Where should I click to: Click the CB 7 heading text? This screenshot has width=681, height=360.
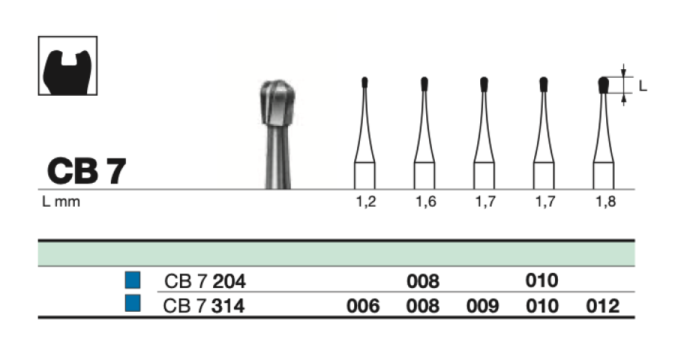pos(86,171)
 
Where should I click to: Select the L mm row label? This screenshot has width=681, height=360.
pos(61,202)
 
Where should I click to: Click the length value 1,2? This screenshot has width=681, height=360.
pos(366,202)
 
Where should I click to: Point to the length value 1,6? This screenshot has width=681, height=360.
pos(425,202)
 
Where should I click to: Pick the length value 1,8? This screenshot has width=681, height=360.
pos(603,202)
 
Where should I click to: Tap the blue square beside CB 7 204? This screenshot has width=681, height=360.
pos(132,280)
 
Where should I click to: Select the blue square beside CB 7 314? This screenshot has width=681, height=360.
pos(132,305)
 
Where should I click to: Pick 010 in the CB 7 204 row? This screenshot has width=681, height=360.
pos(542,281)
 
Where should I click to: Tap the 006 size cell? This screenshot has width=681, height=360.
pos(363,306)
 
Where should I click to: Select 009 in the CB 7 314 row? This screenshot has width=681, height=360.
pos(482,306)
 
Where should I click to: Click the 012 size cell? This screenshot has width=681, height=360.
pos(603,306)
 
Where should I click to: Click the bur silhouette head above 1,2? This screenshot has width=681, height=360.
pos(365,81)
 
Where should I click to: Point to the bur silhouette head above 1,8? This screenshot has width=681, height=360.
pos(603,85)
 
